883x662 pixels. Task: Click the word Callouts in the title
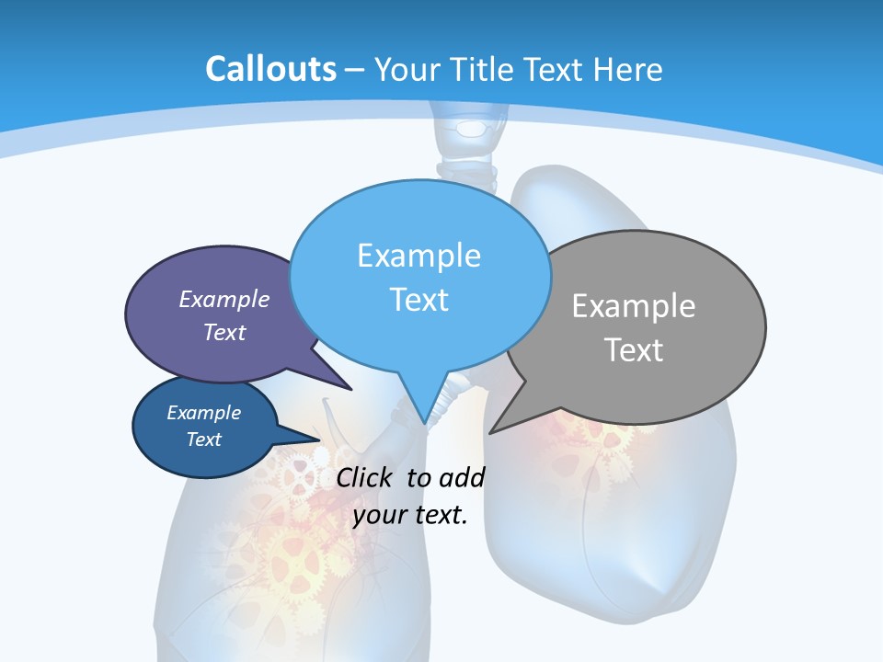pos(271,69)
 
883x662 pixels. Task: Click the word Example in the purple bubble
pos(224,299)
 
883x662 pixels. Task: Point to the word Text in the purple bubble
pos(224,332)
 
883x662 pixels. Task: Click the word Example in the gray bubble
pos(634,305)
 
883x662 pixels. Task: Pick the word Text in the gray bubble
pos(634,349)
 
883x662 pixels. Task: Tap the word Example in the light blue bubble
pos(419,255)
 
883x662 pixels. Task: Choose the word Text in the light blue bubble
pos(419,299)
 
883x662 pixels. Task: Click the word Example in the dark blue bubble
pos(203,413)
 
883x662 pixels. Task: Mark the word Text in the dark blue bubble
pos(203,439)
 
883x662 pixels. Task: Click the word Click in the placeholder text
pos(366,477)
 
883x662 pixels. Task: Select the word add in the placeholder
pos(462,477)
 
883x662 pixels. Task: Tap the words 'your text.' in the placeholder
pos(410,515)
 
